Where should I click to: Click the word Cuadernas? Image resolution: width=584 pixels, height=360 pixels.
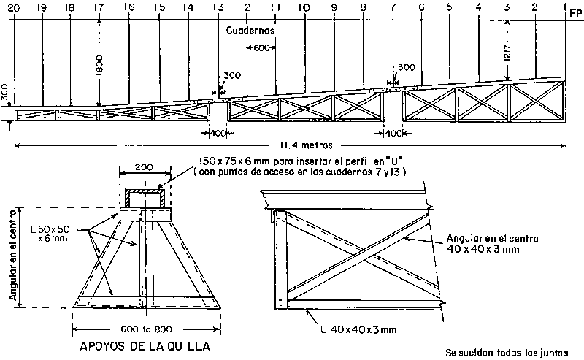click(x=250, y=31)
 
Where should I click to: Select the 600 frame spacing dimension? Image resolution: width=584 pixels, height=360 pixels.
click(x=261, y=48)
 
